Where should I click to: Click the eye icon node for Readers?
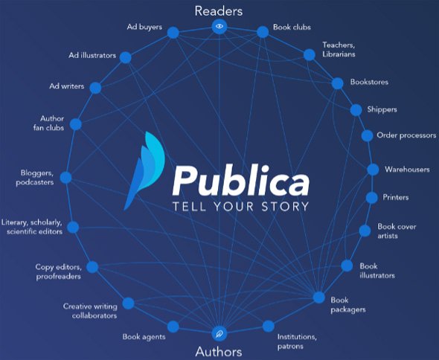click(219, 27)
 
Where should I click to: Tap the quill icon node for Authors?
click(219, 333)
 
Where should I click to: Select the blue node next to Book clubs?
click(263, 32)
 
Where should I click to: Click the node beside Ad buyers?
click(173, 33)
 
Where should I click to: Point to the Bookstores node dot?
click(337, 83)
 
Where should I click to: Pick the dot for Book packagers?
click(319, 298)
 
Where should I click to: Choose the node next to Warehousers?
click(373, 170)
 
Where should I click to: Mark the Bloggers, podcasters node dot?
click(65, 178)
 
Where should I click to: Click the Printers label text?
click(396, 197)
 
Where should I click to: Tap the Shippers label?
click(382, 109)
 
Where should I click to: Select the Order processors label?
click(406, 135)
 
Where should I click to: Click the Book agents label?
click(144, 337)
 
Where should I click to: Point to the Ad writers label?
click(67, 86)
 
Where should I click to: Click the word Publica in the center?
click(241, 181)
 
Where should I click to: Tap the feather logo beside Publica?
click(144, 171)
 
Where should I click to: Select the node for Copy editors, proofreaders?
click(92, 267)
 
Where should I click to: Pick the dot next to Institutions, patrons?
click(268, 326)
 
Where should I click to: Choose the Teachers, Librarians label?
click(339, 49)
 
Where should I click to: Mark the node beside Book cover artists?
click(365, 231)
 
